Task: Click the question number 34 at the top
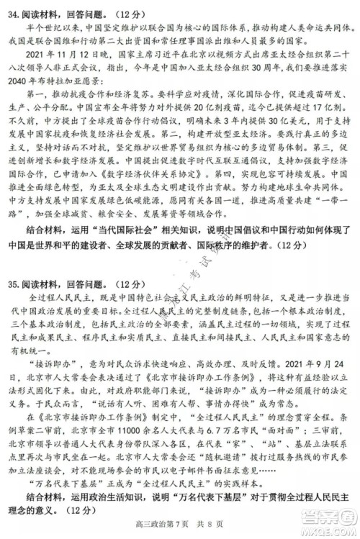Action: click(10, 10)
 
